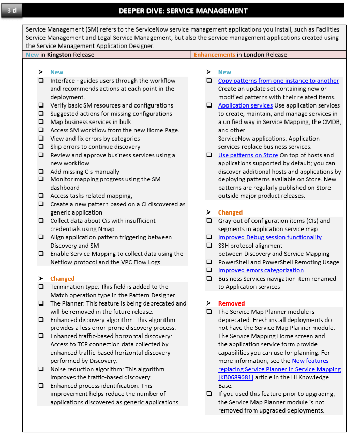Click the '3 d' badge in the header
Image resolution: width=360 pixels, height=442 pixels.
pos(12,10)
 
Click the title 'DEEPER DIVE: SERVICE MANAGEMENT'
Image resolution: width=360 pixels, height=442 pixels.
pos(183,11)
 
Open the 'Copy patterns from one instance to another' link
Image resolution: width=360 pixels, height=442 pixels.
pos(278,81)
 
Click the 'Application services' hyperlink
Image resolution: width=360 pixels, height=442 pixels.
pos(245,105)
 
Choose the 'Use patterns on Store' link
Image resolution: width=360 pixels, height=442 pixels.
pos(248,155)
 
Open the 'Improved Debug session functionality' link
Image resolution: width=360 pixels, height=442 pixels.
pos(269,237)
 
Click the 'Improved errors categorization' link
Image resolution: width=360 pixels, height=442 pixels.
pos(261,270)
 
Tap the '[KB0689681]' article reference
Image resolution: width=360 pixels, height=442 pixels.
pos(236,377)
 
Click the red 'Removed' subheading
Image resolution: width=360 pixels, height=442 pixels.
pos(231,303)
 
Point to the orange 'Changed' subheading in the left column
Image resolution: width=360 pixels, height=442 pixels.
pos(62,279)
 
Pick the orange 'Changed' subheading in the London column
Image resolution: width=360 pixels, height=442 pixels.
pos(230,212)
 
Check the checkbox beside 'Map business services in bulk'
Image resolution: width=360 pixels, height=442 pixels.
pos(41,122)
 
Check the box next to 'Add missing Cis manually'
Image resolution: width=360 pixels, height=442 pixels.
pos(41,172)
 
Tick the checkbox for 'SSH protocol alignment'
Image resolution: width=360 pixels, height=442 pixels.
pos(208,246)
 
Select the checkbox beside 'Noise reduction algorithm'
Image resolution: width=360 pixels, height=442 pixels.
pos(41,369)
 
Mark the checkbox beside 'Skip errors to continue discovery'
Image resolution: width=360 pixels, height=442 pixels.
pos(41,147)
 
